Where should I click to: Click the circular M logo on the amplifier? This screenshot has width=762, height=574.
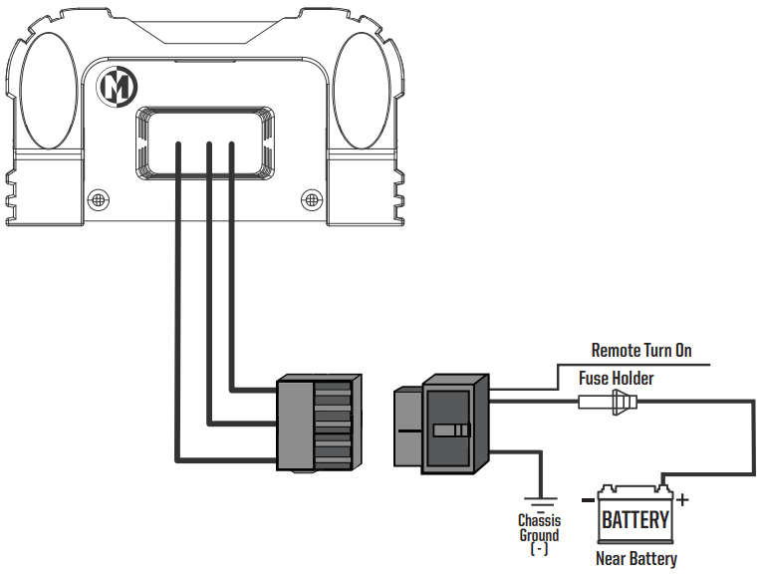[x=119, y=87]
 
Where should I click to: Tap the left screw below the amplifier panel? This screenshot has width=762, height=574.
[x=99, y=199]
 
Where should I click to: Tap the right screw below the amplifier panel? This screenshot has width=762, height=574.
[x=312, y=199]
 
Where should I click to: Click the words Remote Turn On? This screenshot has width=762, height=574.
[x=641, y=351]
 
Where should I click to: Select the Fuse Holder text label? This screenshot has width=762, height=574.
[x=617, y=378]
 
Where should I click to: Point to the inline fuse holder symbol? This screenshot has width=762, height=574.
[x=608, y=402]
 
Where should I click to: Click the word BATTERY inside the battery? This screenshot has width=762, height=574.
[x=635, y=519]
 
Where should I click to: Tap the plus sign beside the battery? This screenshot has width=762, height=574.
[x=682, y=499]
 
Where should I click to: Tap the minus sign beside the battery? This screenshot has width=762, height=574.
[x=588, y=500]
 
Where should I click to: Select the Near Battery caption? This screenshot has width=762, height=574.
[x=636, y=558]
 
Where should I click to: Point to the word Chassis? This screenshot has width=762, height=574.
[x=540, y=520]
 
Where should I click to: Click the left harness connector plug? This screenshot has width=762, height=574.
[x=319, y=423]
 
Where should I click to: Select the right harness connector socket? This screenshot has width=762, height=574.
[x=441, y=424]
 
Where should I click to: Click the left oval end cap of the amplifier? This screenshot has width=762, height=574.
[x=48, y=91]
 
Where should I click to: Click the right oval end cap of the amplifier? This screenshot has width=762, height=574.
[x=362, y=91]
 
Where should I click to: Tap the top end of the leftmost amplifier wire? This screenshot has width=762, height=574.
[x=178, y=143]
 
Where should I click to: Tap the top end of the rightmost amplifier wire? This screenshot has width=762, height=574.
[x=231, y=143]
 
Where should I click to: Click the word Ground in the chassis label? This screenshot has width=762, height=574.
[x=539, y=535]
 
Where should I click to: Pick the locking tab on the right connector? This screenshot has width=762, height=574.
[x=451, y=430]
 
